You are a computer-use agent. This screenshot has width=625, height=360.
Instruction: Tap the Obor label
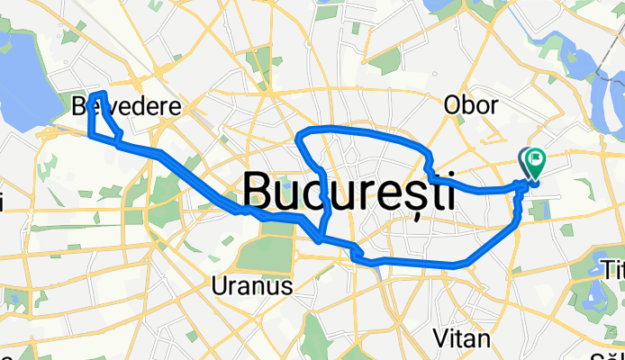pos(470,105)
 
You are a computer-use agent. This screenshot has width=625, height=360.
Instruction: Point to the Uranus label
pos(251,287)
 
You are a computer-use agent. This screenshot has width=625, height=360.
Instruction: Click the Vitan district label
pos(462,338)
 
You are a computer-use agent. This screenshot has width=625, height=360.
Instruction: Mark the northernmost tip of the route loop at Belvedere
pos(104,93)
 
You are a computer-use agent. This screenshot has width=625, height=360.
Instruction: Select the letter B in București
pos(258,192)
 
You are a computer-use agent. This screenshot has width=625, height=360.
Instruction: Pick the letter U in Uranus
pos(217,287)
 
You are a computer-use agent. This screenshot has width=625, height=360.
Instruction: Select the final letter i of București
pos(448,192)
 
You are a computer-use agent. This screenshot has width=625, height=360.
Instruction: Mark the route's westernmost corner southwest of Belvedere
pos(89,135)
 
